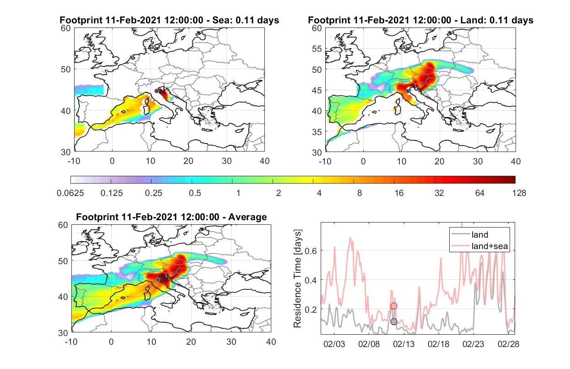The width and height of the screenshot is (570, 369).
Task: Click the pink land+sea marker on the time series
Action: click(x=394, y=306)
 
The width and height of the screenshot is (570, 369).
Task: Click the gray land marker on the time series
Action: click(x=394, y=322)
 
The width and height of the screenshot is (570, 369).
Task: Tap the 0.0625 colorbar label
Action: click(x=70, y=193)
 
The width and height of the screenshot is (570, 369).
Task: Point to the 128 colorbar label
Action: click(x=519, y=193)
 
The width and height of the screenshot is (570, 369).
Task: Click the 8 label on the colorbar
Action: click(x=359, y=193)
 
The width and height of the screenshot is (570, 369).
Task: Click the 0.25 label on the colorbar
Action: click(x=153, y=193)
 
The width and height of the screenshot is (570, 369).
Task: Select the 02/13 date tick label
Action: click(x=404, y=344)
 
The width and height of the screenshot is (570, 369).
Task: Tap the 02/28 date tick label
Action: click(x=508, y=344)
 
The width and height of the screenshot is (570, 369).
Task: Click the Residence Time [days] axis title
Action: click(x=297, y=279)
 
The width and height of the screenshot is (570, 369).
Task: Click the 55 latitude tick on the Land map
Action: click(x=317, y=49)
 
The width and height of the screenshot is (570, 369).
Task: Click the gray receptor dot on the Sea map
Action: click(x=156, y=91)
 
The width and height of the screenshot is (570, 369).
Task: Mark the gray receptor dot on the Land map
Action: click(x=408, y=91)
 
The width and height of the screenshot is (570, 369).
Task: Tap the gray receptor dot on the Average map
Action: click(x=158, y=279)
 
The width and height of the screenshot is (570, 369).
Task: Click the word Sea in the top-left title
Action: click(x=220, y=20)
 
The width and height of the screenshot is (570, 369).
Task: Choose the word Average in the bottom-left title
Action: click(x=247, y=217)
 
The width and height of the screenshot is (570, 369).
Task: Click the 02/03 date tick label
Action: click(x=334, y=344)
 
